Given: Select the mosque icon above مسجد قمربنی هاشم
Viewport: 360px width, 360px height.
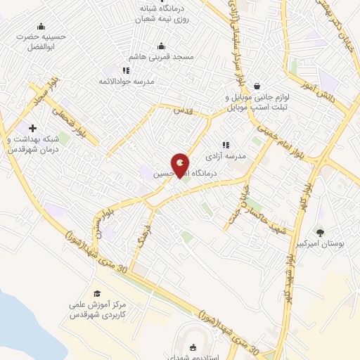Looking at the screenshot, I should [x=161, y=46].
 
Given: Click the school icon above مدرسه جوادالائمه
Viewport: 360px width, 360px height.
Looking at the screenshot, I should [x=126, y=70].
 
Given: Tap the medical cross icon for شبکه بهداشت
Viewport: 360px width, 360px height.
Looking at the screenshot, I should [x=32, y=128].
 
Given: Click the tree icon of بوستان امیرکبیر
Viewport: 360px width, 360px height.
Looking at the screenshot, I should [x=320, y=232].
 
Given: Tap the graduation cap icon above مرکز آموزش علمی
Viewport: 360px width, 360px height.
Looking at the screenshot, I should [x=98, y=293].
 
